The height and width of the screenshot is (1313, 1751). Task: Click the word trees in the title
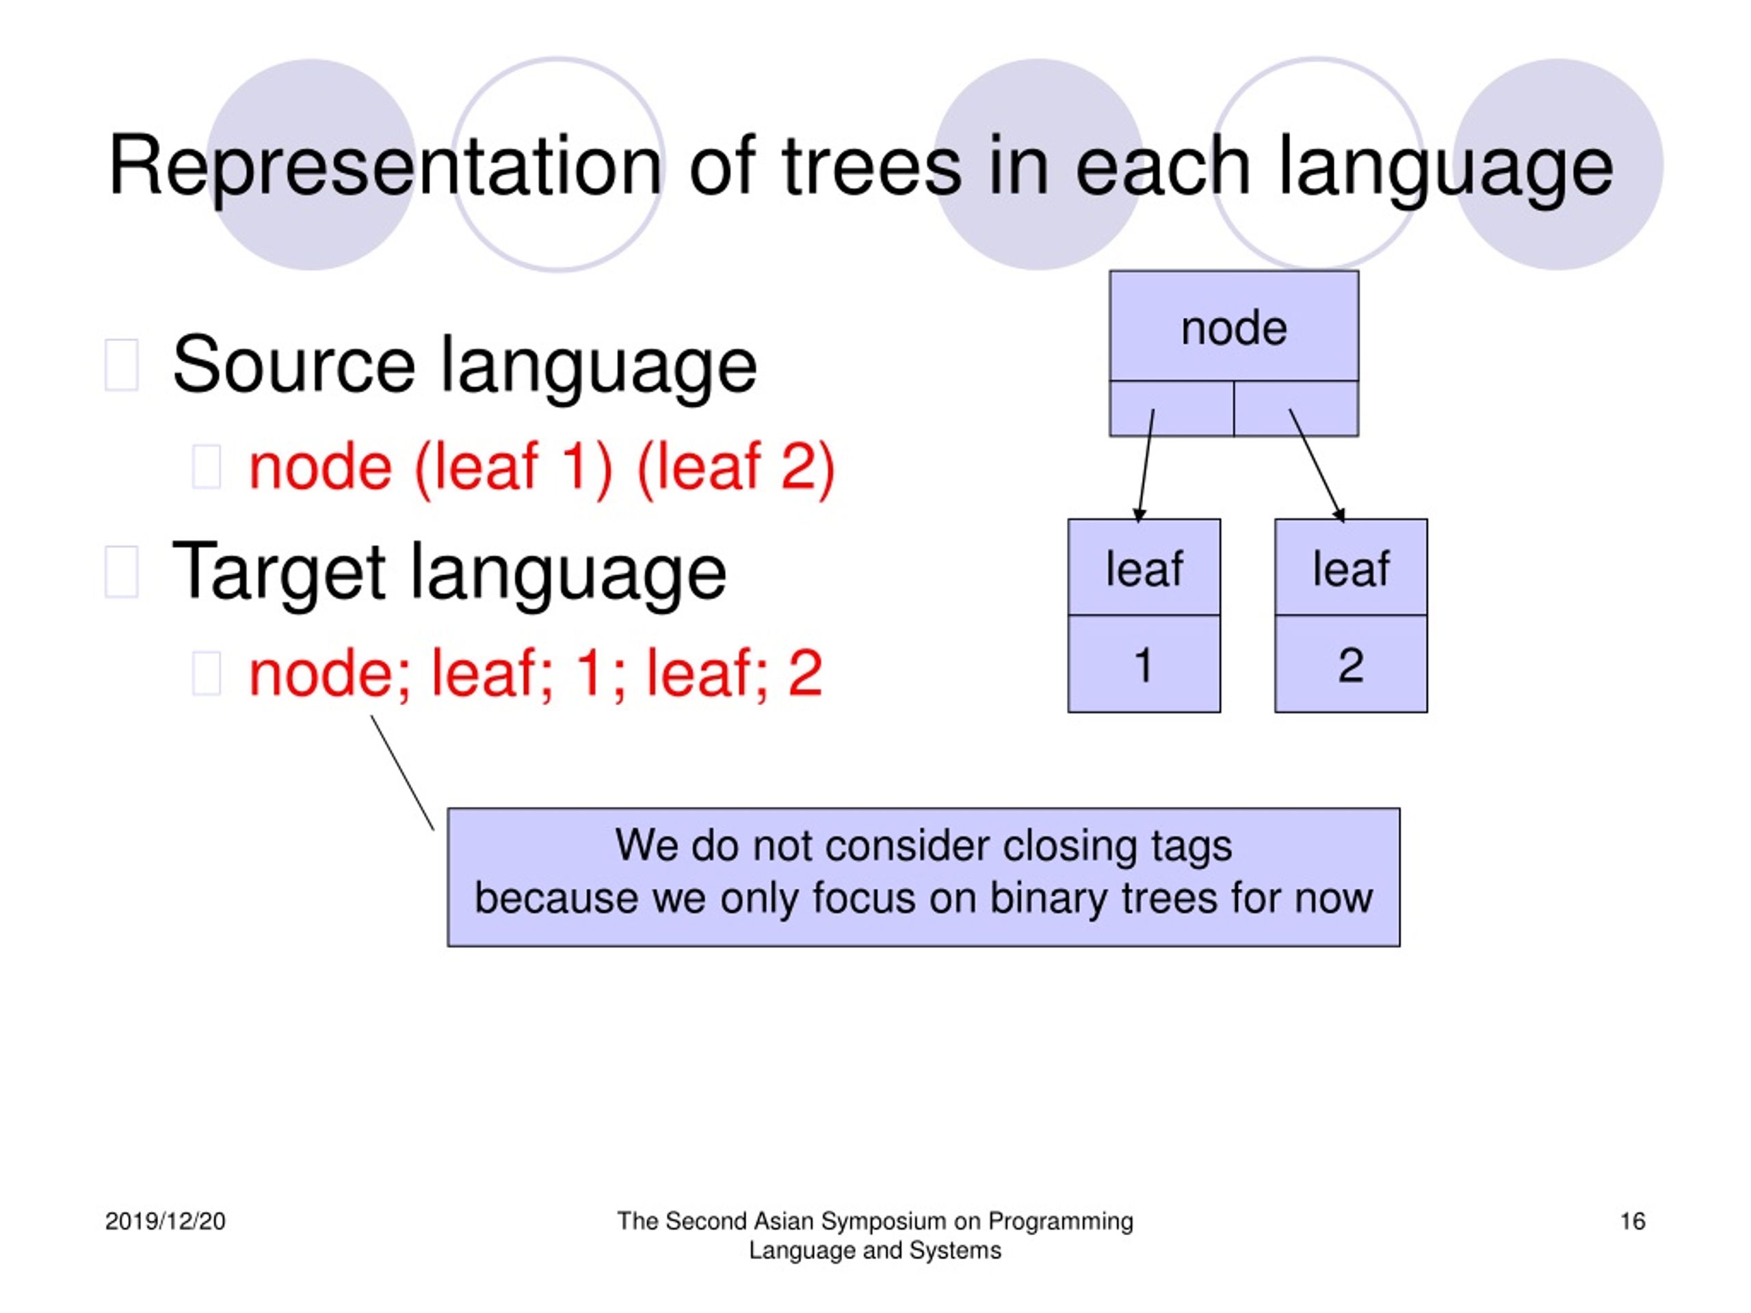[x=871, y=166]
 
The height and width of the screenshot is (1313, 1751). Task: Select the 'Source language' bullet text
[x=464, y=365]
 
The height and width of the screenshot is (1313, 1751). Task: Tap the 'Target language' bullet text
[x=449, y=572]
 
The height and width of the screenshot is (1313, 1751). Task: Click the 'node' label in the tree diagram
[x=1233, y=328]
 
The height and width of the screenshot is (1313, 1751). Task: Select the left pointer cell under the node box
[x=1172, y=408]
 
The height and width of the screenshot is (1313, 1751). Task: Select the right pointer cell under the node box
[x=1296, y=408]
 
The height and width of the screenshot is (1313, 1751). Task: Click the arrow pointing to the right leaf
[x=1317, y=467]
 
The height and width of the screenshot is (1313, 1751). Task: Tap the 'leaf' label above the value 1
[x=1144, y=568]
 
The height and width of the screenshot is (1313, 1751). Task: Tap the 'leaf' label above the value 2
[x=1350, y=568]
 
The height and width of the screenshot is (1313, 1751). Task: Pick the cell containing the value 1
[x=1144, y=665]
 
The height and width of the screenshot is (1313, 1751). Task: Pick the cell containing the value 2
[x=1350, y=665]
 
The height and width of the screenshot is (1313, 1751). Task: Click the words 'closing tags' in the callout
[x=1117, y=845]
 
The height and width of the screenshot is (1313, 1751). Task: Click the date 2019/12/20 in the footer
[x=166, y=1221]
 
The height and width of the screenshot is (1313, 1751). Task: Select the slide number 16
[x=1632, y=1221]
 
